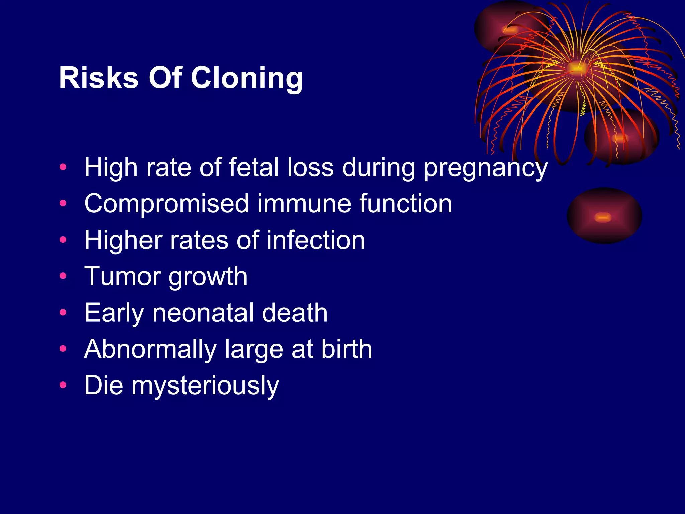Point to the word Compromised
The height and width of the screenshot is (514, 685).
[167, 204]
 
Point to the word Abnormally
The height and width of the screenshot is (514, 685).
[151, 349]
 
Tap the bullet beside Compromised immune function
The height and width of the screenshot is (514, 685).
[63, 203]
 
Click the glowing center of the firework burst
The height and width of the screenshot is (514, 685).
[576, 68]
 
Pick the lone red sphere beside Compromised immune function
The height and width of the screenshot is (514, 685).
[604, 216]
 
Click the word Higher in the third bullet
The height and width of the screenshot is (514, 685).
[123, 240]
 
